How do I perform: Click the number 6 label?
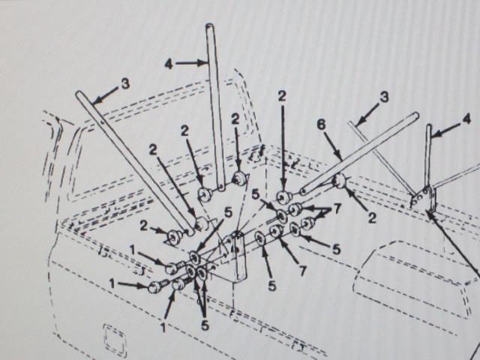(322, 125)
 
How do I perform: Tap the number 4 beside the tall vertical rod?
(169, 64)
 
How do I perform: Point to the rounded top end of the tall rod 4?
(210, 26)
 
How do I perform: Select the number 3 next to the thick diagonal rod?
(125, 83)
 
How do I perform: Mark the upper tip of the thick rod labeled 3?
(79, 93)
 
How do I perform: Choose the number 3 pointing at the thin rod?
(384, 97)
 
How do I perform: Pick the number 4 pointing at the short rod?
(466, 119)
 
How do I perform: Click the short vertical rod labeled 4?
(429, 155)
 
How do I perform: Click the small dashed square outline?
(115, 336)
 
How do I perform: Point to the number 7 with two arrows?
(337, 209)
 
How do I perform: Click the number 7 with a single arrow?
(302, 271)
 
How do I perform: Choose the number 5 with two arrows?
(205, 325)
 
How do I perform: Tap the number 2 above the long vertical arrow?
(282, 96)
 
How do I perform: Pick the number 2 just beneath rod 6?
(372, 218)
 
